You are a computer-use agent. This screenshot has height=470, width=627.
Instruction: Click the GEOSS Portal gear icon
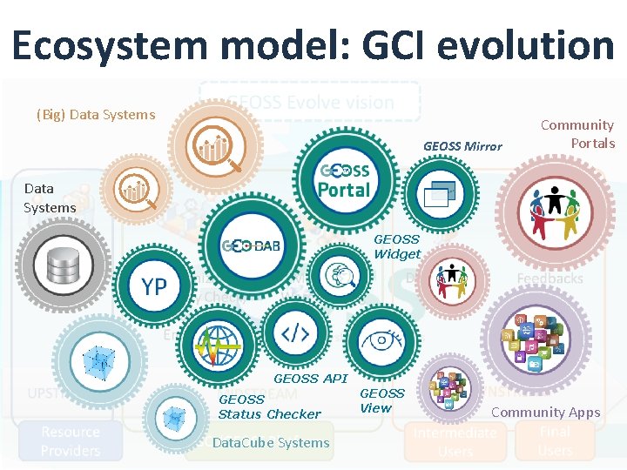click(345, 180)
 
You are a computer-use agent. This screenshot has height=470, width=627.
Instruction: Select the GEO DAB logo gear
click(252, 245)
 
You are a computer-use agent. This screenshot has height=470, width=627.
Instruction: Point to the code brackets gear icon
click(295, 332)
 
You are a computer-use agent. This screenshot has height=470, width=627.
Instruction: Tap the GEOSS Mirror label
click(462, 146)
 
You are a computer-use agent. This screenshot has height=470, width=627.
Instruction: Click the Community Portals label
click(577, 134)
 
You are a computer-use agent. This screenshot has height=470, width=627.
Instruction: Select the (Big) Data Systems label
click(96, 114)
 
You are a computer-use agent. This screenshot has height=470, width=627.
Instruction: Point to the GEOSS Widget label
click(397, 246)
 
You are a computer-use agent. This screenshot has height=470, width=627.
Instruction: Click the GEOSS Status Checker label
click(269, 406)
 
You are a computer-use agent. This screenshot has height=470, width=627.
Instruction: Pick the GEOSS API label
click(310, 379)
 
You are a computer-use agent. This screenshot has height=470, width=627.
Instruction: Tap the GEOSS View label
click(382, 400)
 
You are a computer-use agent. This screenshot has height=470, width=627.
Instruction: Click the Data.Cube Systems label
click(271, 442)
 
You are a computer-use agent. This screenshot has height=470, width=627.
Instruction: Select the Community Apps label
click(546, 413)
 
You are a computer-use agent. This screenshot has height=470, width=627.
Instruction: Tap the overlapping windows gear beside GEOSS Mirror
click(442, 193)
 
